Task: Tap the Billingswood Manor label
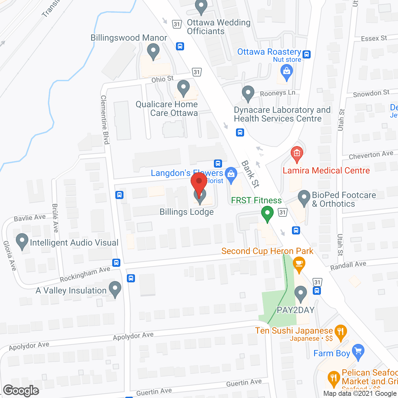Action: pyautogui.click(x=129, y=38)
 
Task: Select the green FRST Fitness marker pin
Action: pyautogui.click(x=267, y=214)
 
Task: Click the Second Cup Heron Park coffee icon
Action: pyautogui.click(x=299, y=264)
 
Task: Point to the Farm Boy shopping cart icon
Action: pyautogui.click(x=358, y=352)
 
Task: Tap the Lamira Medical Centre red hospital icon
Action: pyautogui.click(x=297, y=154)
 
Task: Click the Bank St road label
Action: pyautogui.click(x=250, y=174)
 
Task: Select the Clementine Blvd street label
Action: pyautogui.click(x=105, y=120)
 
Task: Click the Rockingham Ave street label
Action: pyautogui.click(x=85, y=274)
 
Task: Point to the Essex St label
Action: pyautogui.click(x=374, y=38)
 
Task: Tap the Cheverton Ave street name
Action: pyautogui.click(x=371, y=155)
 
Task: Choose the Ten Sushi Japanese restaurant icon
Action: pyautogui.click(x=341, y=332)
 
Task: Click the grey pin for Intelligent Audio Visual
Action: pyautogui.click(x=22, y=241)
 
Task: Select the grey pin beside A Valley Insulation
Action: pyautogui.click(x=115, y=289)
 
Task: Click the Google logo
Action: pyautogui.click(x=21, y=391)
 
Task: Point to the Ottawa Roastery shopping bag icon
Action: pyautogui.click(x=286, y=72)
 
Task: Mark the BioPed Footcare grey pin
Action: pyautogui.click(x=304, y=198)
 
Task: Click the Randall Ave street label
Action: pyautogui.click(x=348, y=266)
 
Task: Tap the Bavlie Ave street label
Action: pyautogui.click(x=30, y=218)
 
